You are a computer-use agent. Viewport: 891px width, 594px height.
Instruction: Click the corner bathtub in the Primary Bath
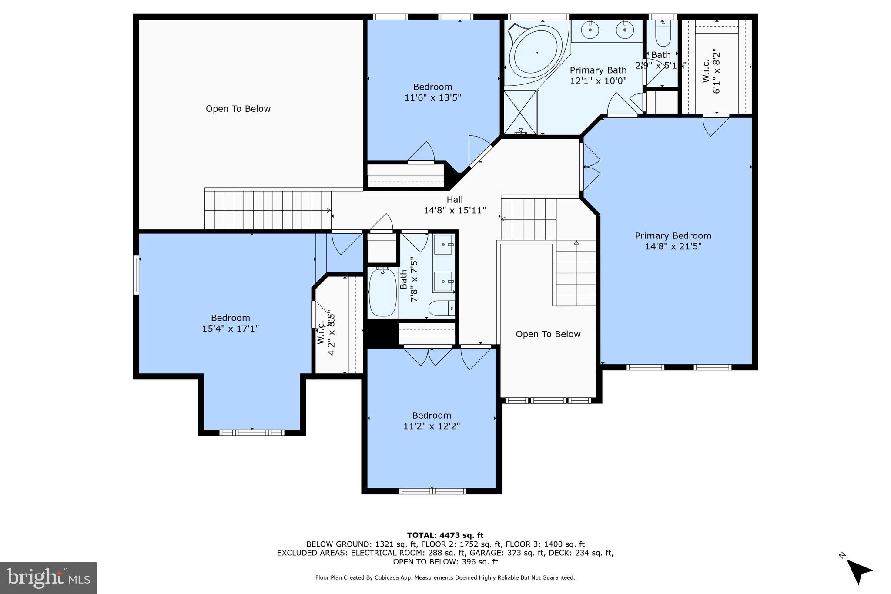click(x=536, y=54)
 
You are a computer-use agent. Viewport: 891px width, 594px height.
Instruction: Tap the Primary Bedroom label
click(x=673, y=236)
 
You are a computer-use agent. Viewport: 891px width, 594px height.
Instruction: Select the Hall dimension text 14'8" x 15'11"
click(x=455, y=211)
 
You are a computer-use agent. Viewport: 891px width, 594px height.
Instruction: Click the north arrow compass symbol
click(x=858, y=571)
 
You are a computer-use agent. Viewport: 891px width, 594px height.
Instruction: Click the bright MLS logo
click(x=48, y=578)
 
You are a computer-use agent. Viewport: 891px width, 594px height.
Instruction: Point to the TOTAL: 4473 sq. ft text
click(x=445, y=535)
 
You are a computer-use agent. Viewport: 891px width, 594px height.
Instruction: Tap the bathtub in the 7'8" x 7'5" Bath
click(x=382, y=292)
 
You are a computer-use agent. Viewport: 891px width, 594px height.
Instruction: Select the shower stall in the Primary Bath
click(x=520, y=112)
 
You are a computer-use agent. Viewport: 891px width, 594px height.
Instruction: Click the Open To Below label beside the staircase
click(x=548, y=334)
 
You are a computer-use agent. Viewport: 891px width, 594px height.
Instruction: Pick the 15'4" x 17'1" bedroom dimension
click(x=230, y=329)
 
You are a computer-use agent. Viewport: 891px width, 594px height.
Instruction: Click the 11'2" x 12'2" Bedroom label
click(x=432, y=415)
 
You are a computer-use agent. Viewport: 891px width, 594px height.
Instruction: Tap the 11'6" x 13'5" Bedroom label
click(x=432, y=87)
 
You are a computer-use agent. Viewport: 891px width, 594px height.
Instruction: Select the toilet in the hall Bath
click(x=441, y=309)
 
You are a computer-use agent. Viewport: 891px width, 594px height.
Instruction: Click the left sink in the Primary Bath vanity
click(x=590, y=30)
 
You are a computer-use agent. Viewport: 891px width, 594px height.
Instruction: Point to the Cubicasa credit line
click(x=445, y=578)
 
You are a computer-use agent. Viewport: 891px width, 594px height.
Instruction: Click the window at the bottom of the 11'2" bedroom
click(x=432, y=491)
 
